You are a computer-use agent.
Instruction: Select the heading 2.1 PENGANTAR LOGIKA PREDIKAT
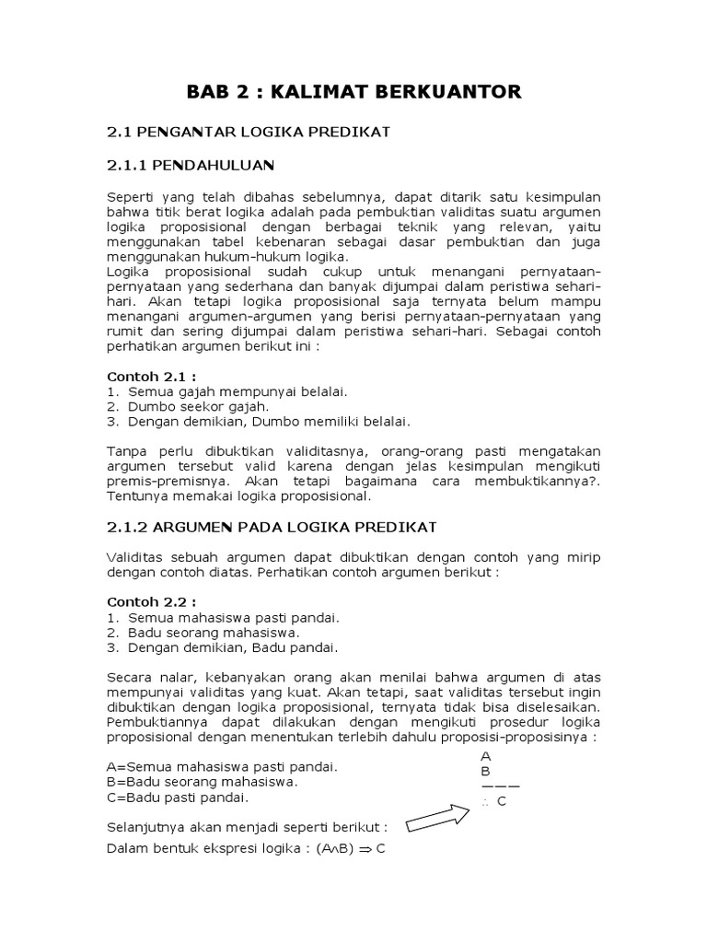[x=249, y=132]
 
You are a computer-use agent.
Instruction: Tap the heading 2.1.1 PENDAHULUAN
[x=191, y=167]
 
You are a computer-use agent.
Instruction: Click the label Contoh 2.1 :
[x=152, y=376]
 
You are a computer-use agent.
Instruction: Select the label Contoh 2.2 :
[x=152, y=601]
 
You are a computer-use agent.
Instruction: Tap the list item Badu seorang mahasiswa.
[x=214, y=632]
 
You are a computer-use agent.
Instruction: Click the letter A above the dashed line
[x=485, y=756]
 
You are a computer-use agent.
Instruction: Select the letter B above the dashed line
[x=485, y=771]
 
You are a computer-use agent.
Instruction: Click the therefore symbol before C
[x=484, y=801]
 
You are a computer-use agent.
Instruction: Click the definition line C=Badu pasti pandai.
[x=177, y=797]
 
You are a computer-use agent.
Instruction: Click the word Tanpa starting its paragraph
[x=128, y=451]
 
